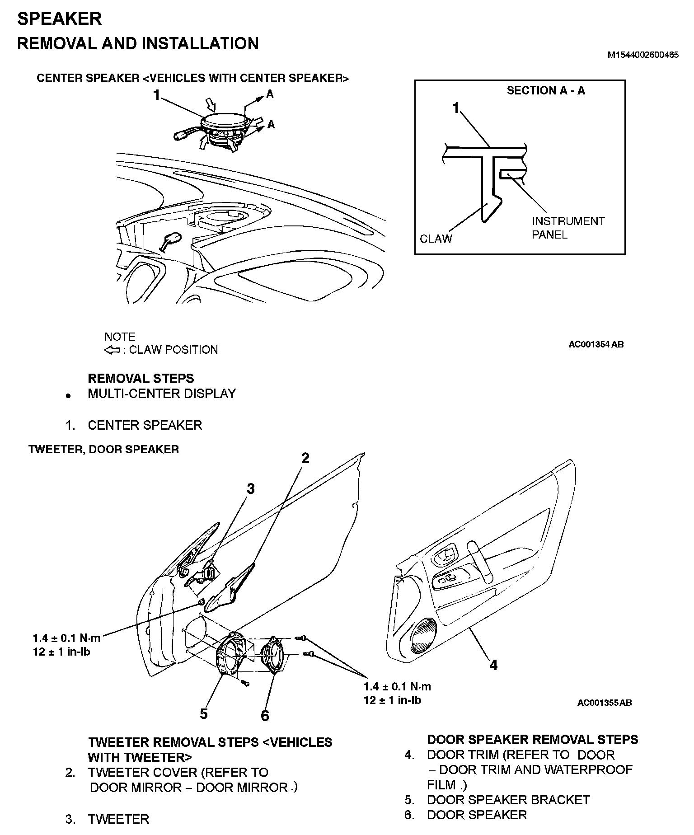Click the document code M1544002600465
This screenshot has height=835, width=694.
click(x=642, y=55)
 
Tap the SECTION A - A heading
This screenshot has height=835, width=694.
click(x=545, y=91)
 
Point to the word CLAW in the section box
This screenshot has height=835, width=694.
click(x=436, y=239)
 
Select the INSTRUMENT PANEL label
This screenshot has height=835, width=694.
click(x=567, y=228)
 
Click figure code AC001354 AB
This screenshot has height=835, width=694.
click(x=596, y=344)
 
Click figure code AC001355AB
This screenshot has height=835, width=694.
click(x=604, y=703)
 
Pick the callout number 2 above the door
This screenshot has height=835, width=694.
click(x=305, y=458)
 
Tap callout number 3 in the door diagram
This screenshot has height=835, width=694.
click(x=250, y=488)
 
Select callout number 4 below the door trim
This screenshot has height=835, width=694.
click(x=493, y=665)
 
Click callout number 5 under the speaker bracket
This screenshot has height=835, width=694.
click(x=204, y=714)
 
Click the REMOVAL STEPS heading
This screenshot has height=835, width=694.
click(x=141, y=378)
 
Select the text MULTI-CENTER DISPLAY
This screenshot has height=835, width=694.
click(x=162, y=394)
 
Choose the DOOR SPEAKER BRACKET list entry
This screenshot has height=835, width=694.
click(x=508, y=800)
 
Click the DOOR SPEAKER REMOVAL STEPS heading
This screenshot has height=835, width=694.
click(x=532, y=740)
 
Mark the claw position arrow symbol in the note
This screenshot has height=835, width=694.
click(x=112, y=350)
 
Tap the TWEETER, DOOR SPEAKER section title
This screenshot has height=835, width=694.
click(x=103, y=449)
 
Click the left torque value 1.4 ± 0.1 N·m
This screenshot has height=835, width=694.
click(x=66, y=638)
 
